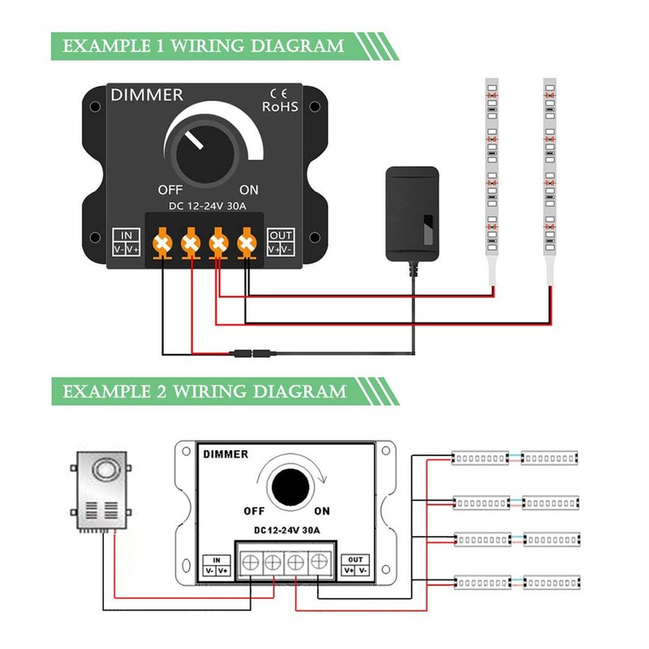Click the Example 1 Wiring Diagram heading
pyautogui.click(x=204, y=45)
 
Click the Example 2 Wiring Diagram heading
pyautogui.click(x=204, y=392)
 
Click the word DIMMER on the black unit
pyautogui.click(x=147, y=95)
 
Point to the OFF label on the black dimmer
pyautogui.click(x=172, y=190)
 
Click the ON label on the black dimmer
pyautogui.click(x=249, y=190)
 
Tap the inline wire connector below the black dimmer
pyautogui.click(x=253, y=354)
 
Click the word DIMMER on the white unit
pyautogui.click(x=226, y=454)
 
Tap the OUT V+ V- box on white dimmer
pyautogui.click(x=355, y=564)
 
